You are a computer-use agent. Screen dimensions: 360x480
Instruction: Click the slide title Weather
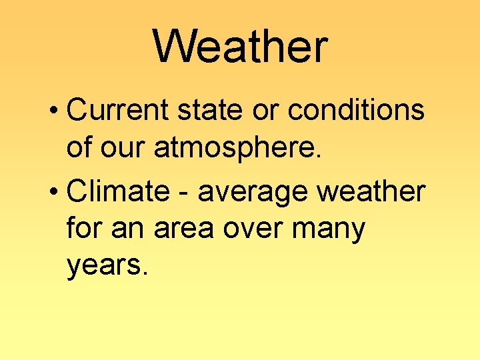[240, 47]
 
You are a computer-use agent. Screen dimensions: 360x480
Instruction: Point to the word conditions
[356, 110]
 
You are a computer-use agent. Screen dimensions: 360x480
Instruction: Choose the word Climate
[119, 191]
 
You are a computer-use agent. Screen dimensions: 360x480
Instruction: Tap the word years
[105, 267]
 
